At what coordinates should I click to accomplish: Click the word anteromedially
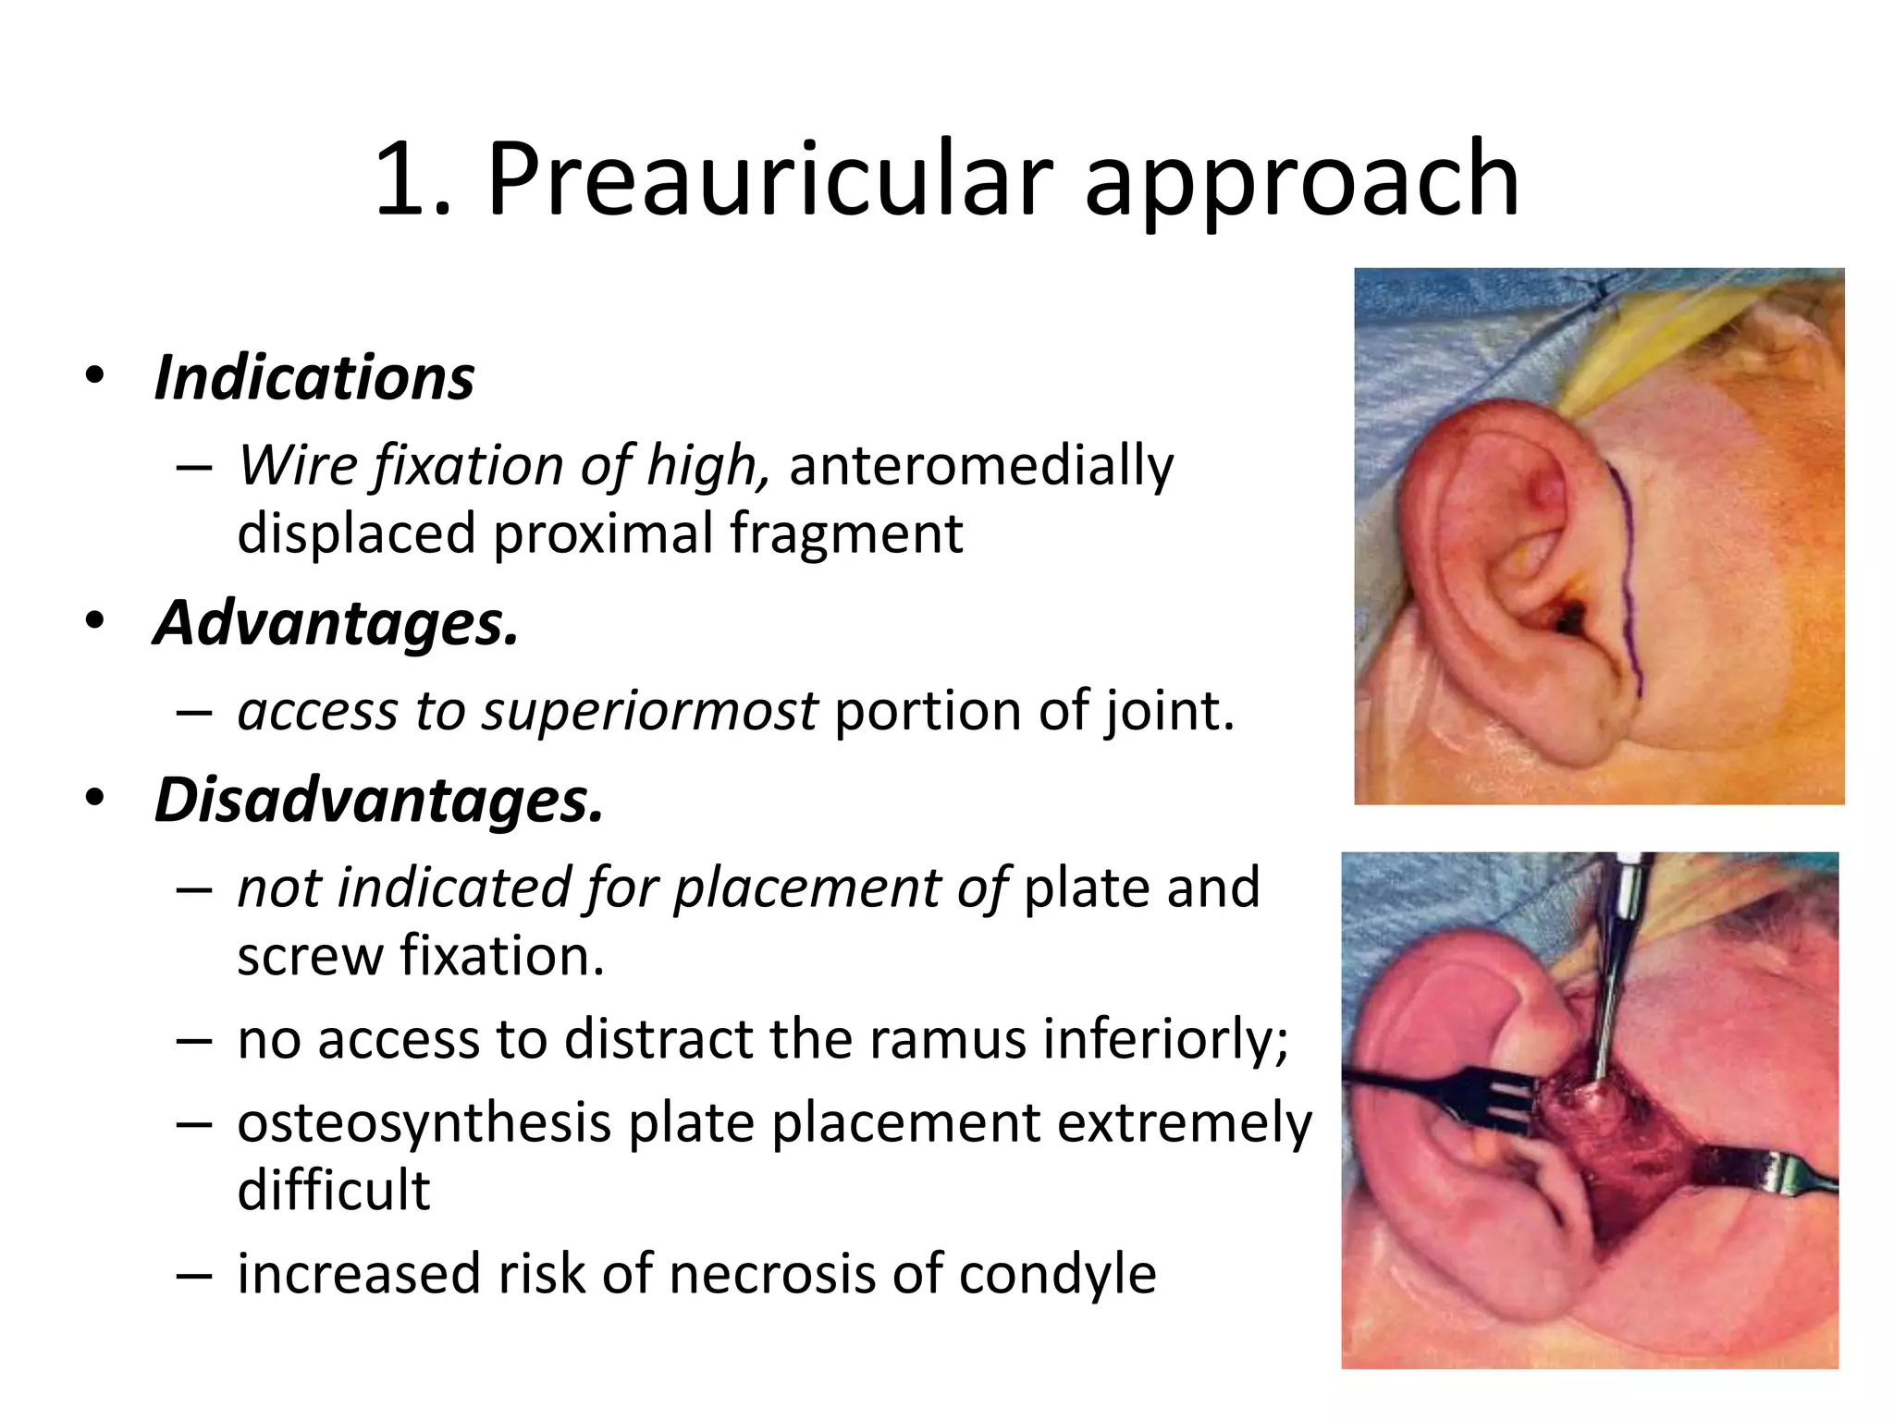pos(980,464)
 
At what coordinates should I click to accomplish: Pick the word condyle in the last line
pos(1057,1273)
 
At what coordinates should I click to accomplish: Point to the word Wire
pos(297,464)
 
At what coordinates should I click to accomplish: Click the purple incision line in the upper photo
pos(1630,573)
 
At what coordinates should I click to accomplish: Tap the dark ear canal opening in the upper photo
pos(1567,620)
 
